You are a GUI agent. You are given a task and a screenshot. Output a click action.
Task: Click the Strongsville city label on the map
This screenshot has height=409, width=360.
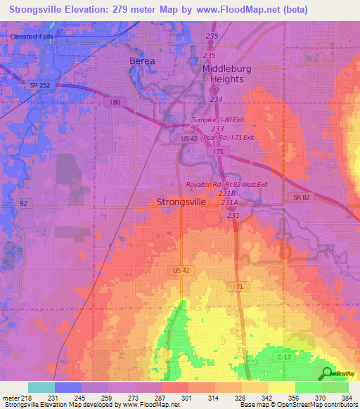tap(181, 202)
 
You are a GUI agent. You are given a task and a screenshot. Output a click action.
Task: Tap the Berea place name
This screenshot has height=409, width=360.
tap(142, 61)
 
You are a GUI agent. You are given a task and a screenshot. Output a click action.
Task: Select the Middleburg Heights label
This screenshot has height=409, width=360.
tap(233, 74)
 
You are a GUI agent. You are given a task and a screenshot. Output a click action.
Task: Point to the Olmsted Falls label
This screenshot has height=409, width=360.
tap(32, 37)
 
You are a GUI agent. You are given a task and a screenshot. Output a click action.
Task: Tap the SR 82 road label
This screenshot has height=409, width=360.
tap(302, 198)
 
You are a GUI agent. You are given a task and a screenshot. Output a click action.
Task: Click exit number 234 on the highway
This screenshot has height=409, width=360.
tap(216, 99)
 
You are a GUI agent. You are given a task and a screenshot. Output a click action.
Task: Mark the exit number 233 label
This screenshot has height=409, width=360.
tap(217, 129)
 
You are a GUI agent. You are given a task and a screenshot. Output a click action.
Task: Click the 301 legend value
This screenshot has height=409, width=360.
tap(186, 398)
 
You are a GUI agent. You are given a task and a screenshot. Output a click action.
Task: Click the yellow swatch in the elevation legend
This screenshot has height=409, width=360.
tap(282, 387)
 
